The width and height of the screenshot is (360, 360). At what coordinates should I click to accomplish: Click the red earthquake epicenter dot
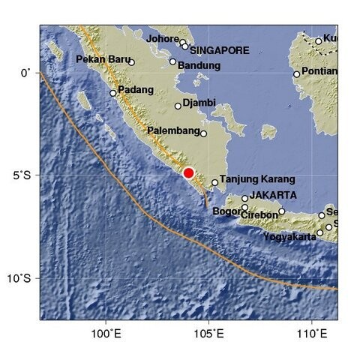point(189,172)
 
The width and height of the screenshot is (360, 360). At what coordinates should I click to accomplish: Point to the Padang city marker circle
point(113,93)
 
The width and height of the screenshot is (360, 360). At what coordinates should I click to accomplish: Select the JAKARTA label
point(273,195)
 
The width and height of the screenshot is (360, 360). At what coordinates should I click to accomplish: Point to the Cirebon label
point(261,215)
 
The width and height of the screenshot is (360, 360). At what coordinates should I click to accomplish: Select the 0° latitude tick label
point(24,73)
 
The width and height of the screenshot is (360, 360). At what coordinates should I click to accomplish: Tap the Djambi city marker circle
point(178,106)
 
